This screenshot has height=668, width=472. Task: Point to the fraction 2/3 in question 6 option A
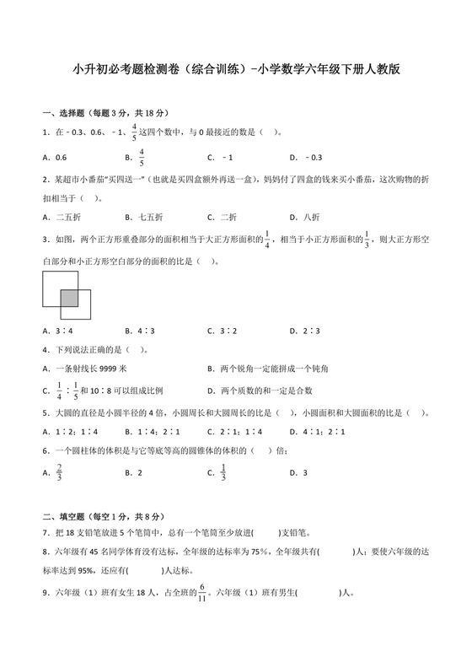pyautogui.click(x=59, y=473)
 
